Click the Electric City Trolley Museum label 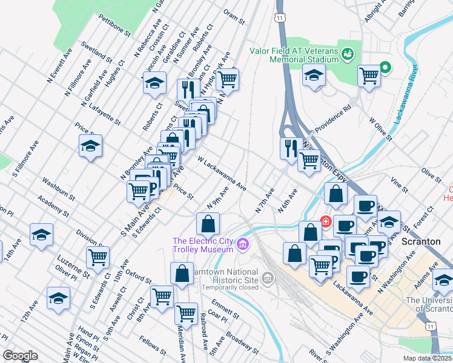click(x=203, y=245)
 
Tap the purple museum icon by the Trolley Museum click(x=243, y=244)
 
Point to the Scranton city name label click(x=421, y=241)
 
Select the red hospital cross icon click(x=326, y=221)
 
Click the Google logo click(x=21, y=355)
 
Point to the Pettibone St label click(x=114, y=27)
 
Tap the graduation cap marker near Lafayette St click(x=154, y=82)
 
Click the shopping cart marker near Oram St click(x=227, y=78)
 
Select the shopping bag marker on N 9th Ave click(x=208, y=223)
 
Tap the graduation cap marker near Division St click(x=41, y=234)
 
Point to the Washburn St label click(x=58, y=189)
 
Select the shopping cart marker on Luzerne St click(x=97, y=257)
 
